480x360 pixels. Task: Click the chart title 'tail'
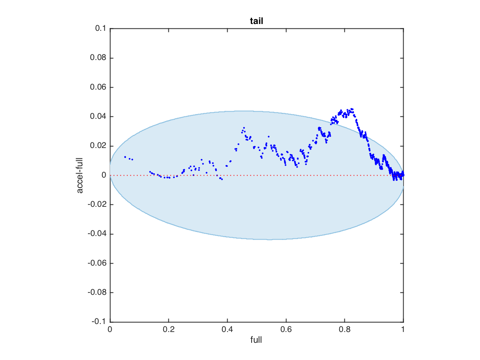(256, 21)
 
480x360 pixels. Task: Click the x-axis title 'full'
(256, 340)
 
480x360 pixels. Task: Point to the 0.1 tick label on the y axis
(100, 29)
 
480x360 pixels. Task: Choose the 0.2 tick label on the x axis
(169, 330)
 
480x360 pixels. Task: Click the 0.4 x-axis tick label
(227, 330)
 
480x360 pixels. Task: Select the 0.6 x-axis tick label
(286, 330)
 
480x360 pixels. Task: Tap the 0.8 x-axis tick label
(344, 330)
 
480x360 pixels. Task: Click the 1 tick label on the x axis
(403, 330)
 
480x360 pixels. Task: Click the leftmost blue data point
(125, 157)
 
